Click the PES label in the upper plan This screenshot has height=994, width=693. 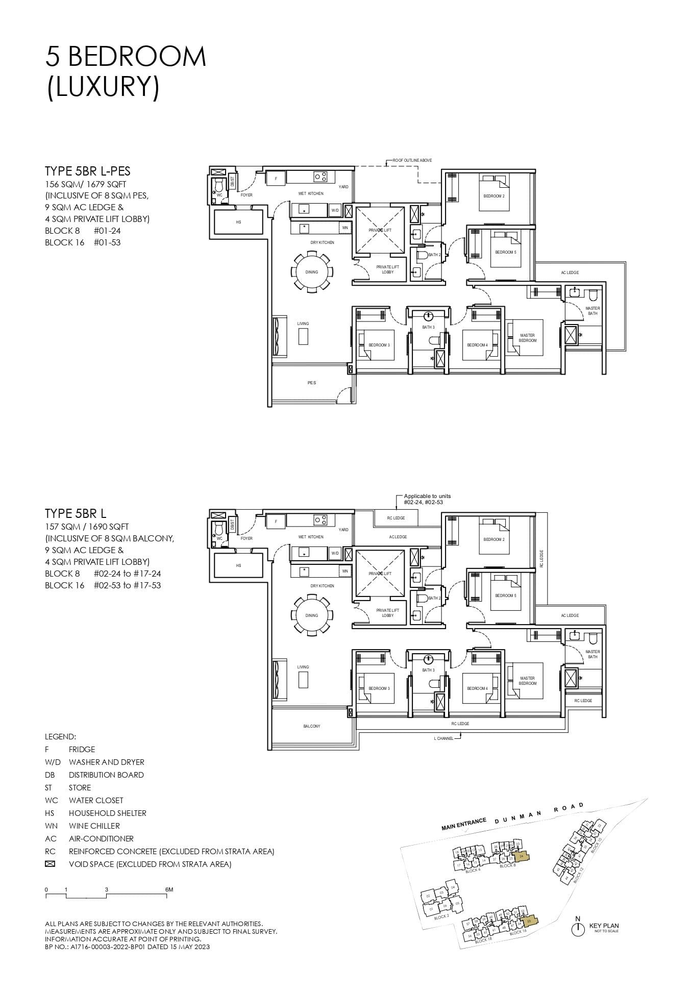point(312,383)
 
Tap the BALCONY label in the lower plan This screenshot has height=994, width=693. point(312,726)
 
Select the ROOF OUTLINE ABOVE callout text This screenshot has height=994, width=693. point(412,160)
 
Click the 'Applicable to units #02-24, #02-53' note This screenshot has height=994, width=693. point(427,499)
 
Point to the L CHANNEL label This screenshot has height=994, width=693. point(443,738)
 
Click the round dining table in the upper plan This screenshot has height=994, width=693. point(312,272)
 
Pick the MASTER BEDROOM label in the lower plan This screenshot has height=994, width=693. point(527,681)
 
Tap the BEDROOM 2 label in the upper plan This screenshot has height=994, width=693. point(493,196)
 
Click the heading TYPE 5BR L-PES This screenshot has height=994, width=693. point(88,171)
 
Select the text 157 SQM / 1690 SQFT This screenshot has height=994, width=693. point(87,526)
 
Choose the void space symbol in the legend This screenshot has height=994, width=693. point(50,864)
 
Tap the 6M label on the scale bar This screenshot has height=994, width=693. point(169,889)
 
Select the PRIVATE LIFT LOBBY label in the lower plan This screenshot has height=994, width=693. point(387,612)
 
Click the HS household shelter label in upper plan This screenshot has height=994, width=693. point(238,222)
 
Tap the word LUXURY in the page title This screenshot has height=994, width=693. point(103,86)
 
